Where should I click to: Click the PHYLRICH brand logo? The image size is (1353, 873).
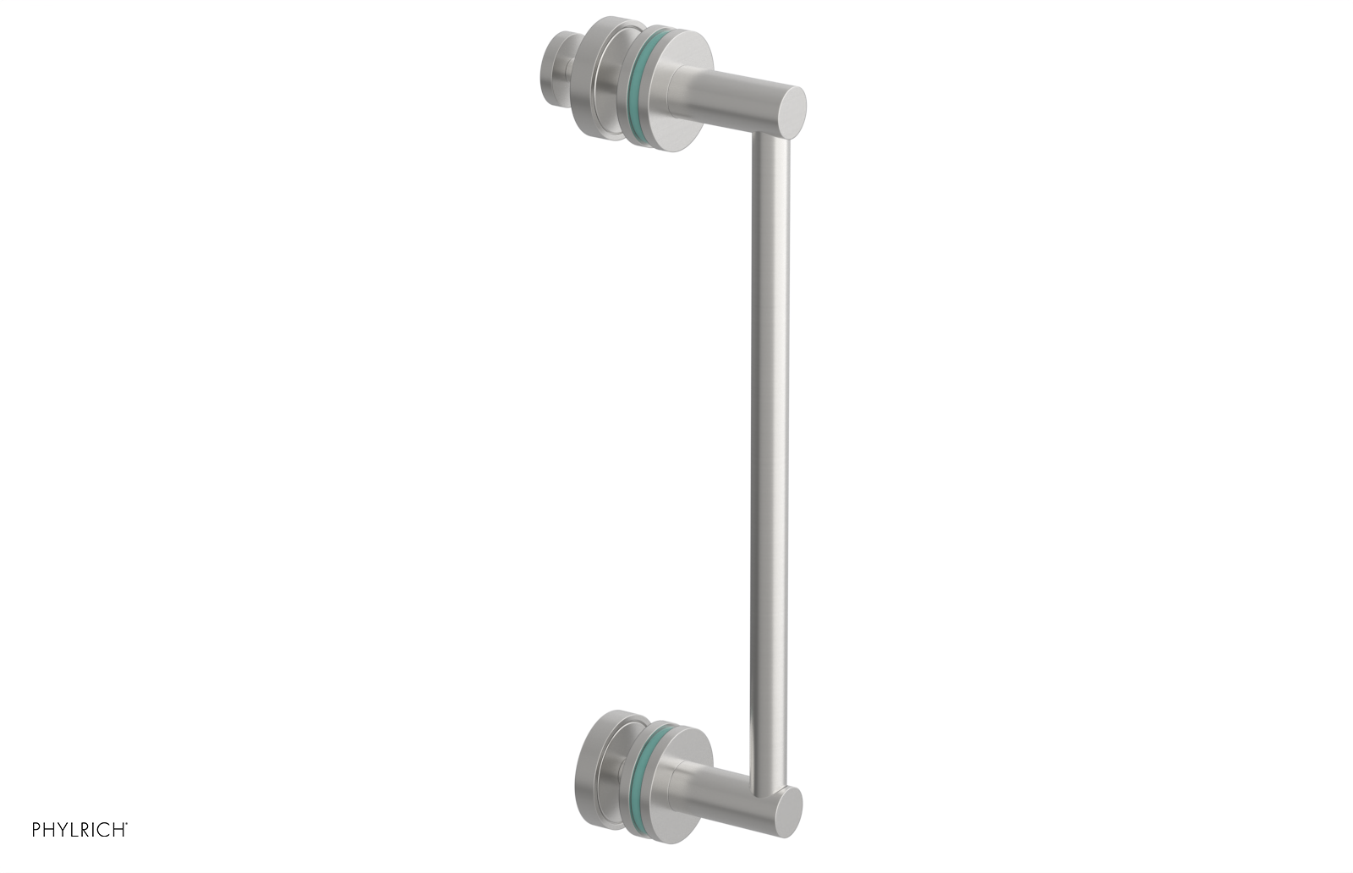pyautogui.click(x=79, y=829)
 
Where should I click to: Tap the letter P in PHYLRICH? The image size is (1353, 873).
pyautogui.click(x=37, y=829)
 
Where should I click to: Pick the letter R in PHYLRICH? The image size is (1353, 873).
pyautogui.click(x=86, y=829)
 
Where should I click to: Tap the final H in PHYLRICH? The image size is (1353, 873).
pyautogui.click(x=118, y=829)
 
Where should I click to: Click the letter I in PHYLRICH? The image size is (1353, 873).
pyautogui.click(x=96, y=829)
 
